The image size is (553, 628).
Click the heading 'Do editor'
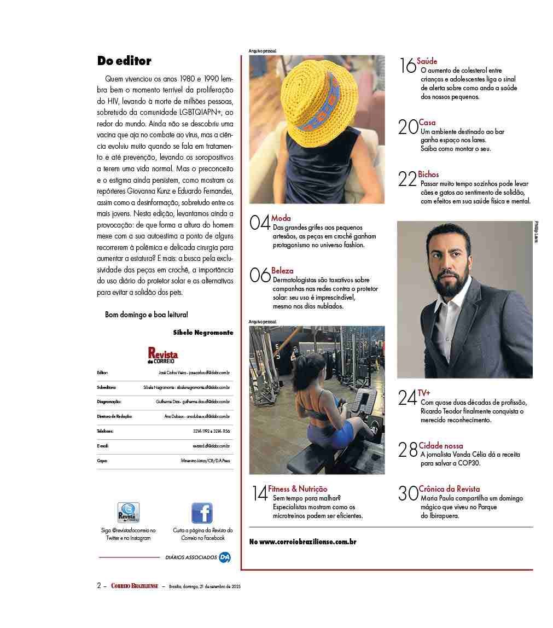click(124, 61)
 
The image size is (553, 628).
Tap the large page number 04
click(260, 223)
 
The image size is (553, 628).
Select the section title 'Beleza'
click(282, 270)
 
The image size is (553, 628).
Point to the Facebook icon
click(202, 513)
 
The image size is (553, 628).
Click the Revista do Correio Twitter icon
click(129, 513)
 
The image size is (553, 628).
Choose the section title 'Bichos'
click(428, 175)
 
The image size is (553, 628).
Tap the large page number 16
click(408, 66)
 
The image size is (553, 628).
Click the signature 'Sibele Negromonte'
click(203, 333)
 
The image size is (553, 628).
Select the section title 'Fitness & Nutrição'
click(298, 489)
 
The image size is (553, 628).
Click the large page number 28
click(408, 450)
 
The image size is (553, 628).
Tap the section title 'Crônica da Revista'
click(449, 489)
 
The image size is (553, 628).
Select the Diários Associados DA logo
click(225, 557)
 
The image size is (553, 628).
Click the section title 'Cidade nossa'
click(441, 446)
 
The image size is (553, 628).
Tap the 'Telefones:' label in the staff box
click(105, 431)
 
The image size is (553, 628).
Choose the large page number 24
click(408, 398)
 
